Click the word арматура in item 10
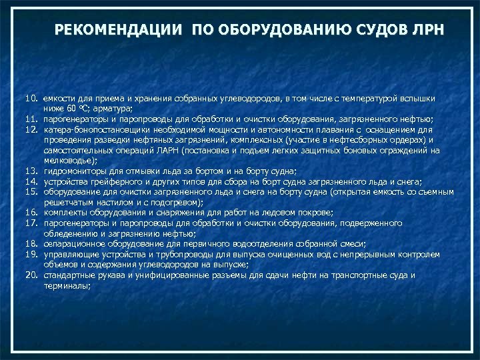(116, 109)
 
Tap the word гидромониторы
(73, 171)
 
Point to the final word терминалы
(67, 285)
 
